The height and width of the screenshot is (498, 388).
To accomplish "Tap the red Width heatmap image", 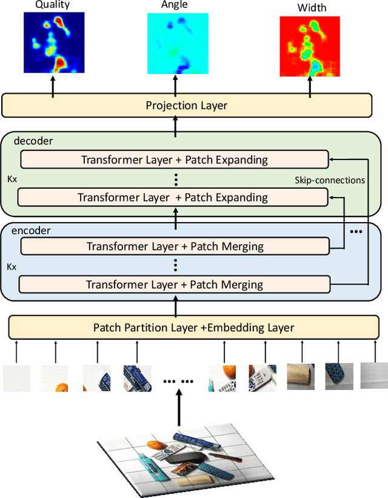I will coord(310,46).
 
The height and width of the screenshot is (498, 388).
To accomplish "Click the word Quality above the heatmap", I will coord(52,5).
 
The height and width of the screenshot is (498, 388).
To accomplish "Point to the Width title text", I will coord(312,8).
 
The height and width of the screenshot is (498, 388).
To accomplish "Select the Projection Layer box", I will coord(187,106).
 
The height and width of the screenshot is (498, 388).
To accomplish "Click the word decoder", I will coord(33,141).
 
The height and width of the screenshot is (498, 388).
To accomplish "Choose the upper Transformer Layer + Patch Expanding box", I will coord(175,160).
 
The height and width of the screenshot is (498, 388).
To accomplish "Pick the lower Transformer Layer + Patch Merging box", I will coord(175,284).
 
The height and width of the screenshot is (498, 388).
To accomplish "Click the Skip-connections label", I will coord(330,180).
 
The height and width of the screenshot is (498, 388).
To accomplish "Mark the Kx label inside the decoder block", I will coord(11,180).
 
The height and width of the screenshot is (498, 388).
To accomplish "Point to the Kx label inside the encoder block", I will coord(11,266).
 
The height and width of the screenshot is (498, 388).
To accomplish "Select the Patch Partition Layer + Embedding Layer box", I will coord(193,328).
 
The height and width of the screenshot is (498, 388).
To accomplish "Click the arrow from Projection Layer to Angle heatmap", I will coord(176,86).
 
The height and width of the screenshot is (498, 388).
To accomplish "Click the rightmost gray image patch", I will coord(373,376).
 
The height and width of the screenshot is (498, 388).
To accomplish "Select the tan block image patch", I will coord(301,376).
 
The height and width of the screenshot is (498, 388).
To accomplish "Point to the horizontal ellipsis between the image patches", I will coord(179,381).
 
